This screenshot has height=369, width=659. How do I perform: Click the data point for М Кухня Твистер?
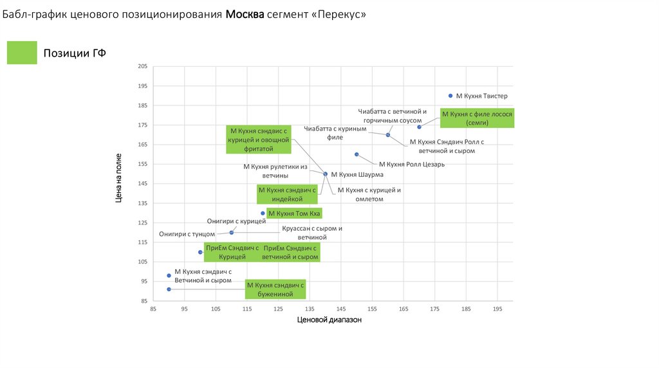pyautogui.click(x=450, y=96)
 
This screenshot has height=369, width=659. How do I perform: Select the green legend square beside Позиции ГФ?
pyautogui.click(x=22, y=53)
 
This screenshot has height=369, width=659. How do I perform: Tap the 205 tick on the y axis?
pyautogui.click(x=143, y=66)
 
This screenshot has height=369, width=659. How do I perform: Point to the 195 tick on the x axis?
pyautogui.click(x=497, y=309)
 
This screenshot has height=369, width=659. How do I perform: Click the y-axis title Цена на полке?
pyautogui.click(x=119, y=184)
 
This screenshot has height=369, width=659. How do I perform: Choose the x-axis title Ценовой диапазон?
pyautogui.click(x=329, y=319)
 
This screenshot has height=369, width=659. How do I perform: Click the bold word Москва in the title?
pyautogui.click(x=245, y=14)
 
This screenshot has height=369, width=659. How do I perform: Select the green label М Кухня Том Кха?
pyautogui.click(x=293, y=213)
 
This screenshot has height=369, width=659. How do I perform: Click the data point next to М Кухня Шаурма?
pyautogui.click(x=325, y=174)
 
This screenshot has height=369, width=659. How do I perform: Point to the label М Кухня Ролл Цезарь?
pyautogui.click(x=412, y=165)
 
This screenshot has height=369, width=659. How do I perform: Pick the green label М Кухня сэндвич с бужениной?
pyautogui.click(x=276, y=289)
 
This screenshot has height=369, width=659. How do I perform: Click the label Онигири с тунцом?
pyautogui.click(x=187, y=235)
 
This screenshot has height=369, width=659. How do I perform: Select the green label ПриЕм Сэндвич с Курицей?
pyautogui.click(x=232, y=252)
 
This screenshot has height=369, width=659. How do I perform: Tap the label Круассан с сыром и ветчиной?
pyautogui.click(x=312, y=233)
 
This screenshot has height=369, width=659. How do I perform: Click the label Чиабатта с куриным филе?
pyautogui.click(x=335, y=132)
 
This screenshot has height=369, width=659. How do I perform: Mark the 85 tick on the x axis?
pyautogui.click(x=153, y=309)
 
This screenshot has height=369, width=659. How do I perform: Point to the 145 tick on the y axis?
pyautogui.click(x=143, y=184)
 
